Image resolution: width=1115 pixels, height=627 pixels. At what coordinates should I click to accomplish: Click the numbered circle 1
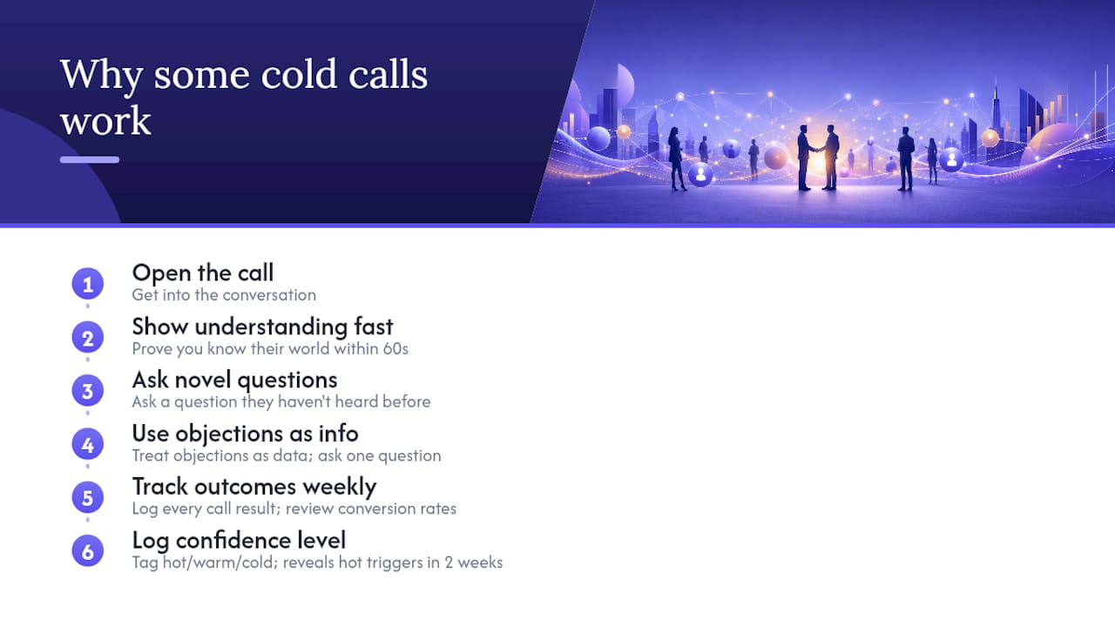tap(88, 284)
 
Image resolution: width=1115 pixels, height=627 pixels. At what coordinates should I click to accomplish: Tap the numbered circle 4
tap(88, 444)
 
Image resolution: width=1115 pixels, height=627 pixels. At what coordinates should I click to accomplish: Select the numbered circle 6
tap(88, 551)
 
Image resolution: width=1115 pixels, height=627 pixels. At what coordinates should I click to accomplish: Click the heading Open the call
tap(203, 273)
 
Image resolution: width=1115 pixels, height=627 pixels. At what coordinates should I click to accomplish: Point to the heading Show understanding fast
tap(262, 327)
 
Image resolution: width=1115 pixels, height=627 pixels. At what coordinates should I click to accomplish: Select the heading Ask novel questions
tap(234, 381)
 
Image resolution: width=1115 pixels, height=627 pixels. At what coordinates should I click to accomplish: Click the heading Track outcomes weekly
tap(253, 487)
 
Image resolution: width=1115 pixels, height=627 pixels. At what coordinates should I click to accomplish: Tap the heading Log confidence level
tap(239, 541)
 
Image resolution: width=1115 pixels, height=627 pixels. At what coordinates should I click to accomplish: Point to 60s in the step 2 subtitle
tap(395, 349)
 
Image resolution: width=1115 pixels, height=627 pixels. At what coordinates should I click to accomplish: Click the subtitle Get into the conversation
tap(224, 295)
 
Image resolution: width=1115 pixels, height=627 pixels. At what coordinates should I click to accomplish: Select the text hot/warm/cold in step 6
tap(220, 563)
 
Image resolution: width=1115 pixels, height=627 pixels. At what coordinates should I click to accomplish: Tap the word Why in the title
tap(102, 76)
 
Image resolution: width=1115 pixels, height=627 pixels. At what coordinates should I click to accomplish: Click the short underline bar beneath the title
tap(90, 159)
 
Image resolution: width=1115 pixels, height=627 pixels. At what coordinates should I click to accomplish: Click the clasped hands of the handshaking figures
tap(817, 149)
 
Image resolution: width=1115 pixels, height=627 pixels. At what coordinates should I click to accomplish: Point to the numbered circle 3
tap(88, 391)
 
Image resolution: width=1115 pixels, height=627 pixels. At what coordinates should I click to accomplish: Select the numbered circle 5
tap(88, 497)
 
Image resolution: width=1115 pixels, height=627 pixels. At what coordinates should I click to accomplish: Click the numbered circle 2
tap(88, 338)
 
